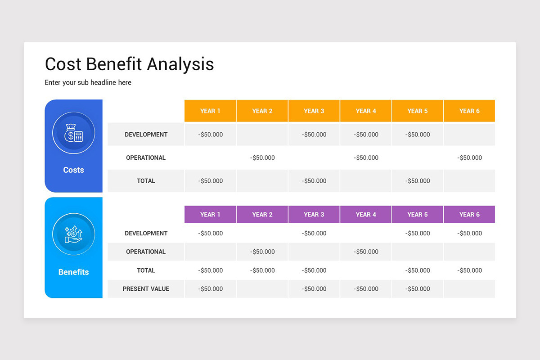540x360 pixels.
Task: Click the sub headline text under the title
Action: pos(88,83)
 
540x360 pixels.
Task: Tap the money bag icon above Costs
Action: pos(73,133)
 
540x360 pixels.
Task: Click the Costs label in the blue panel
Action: pos(73,170)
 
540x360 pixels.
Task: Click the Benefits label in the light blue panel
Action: pos(73,272)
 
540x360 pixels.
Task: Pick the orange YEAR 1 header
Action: pos(210,111)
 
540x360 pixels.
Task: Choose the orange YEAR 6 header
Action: pos(469,111)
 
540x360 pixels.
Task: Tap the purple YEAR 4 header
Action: pos(366,215)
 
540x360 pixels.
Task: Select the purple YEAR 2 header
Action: pos(262,215)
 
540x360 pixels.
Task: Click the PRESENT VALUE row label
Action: pos(146,289)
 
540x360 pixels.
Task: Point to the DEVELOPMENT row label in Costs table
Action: pos(146,135)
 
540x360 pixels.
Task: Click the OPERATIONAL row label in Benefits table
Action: pos(146,252)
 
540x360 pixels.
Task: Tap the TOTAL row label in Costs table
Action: pos(146,181)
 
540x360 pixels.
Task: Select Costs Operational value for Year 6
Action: pos(469,158)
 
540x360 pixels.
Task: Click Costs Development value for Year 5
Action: pos(418,135)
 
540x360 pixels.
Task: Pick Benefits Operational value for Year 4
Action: pos(366,252)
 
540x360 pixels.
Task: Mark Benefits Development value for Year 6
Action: pos(469,234)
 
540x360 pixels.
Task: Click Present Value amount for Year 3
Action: pos(314,289)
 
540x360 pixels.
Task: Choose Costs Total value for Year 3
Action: pos(314,181)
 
